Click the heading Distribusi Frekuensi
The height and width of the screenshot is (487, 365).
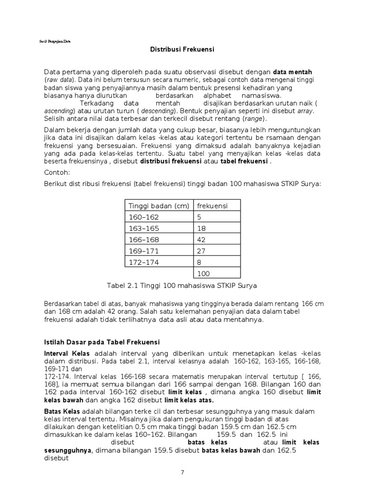(182, 49)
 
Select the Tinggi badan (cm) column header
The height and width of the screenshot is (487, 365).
(159, 205)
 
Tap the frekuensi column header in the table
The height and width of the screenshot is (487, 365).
(212, 205)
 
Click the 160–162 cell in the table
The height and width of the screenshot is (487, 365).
(144, 217)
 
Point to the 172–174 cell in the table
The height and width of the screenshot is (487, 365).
(144, 262)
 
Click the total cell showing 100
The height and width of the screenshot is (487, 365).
(203, 273)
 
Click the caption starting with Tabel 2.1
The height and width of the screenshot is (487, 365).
(182, 285)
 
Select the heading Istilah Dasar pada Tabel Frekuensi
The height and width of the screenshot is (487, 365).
(102, 342)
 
